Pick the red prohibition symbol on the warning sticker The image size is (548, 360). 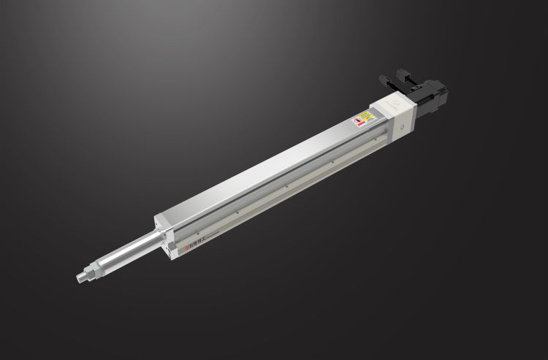click(357, 118)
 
